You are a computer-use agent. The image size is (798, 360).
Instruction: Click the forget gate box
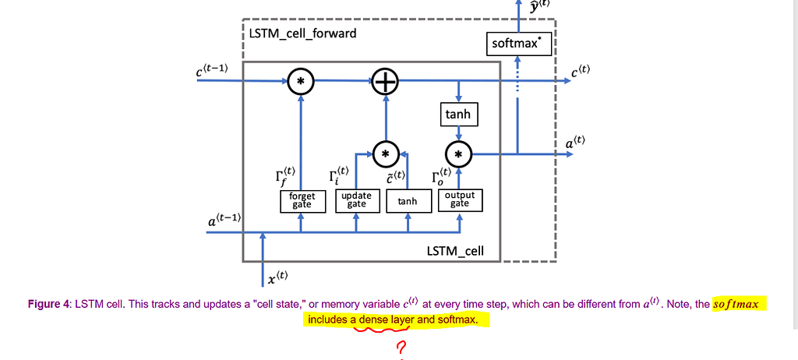point(301,200)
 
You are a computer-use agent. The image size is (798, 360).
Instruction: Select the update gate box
point(356,200)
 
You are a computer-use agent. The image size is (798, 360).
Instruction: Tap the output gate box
point(459,200)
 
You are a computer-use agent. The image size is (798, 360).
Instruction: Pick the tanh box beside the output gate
point(408,201)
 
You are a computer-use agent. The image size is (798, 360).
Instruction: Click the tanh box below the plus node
point(457,115)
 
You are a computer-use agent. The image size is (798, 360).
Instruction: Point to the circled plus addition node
point(384,81)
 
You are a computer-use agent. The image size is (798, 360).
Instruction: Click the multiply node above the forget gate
point(301,81)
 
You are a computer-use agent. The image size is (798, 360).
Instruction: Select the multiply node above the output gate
point(458,154)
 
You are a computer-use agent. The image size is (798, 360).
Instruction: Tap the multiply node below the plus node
point(384,154)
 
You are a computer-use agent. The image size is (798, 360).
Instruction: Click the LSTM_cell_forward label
point(303,34)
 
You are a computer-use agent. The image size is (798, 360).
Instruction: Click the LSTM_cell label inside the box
point(455,251)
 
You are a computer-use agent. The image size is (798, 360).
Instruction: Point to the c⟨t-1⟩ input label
point(212,70)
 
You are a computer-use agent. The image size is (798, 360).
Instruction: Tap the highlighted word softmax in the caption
point(736,304)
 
